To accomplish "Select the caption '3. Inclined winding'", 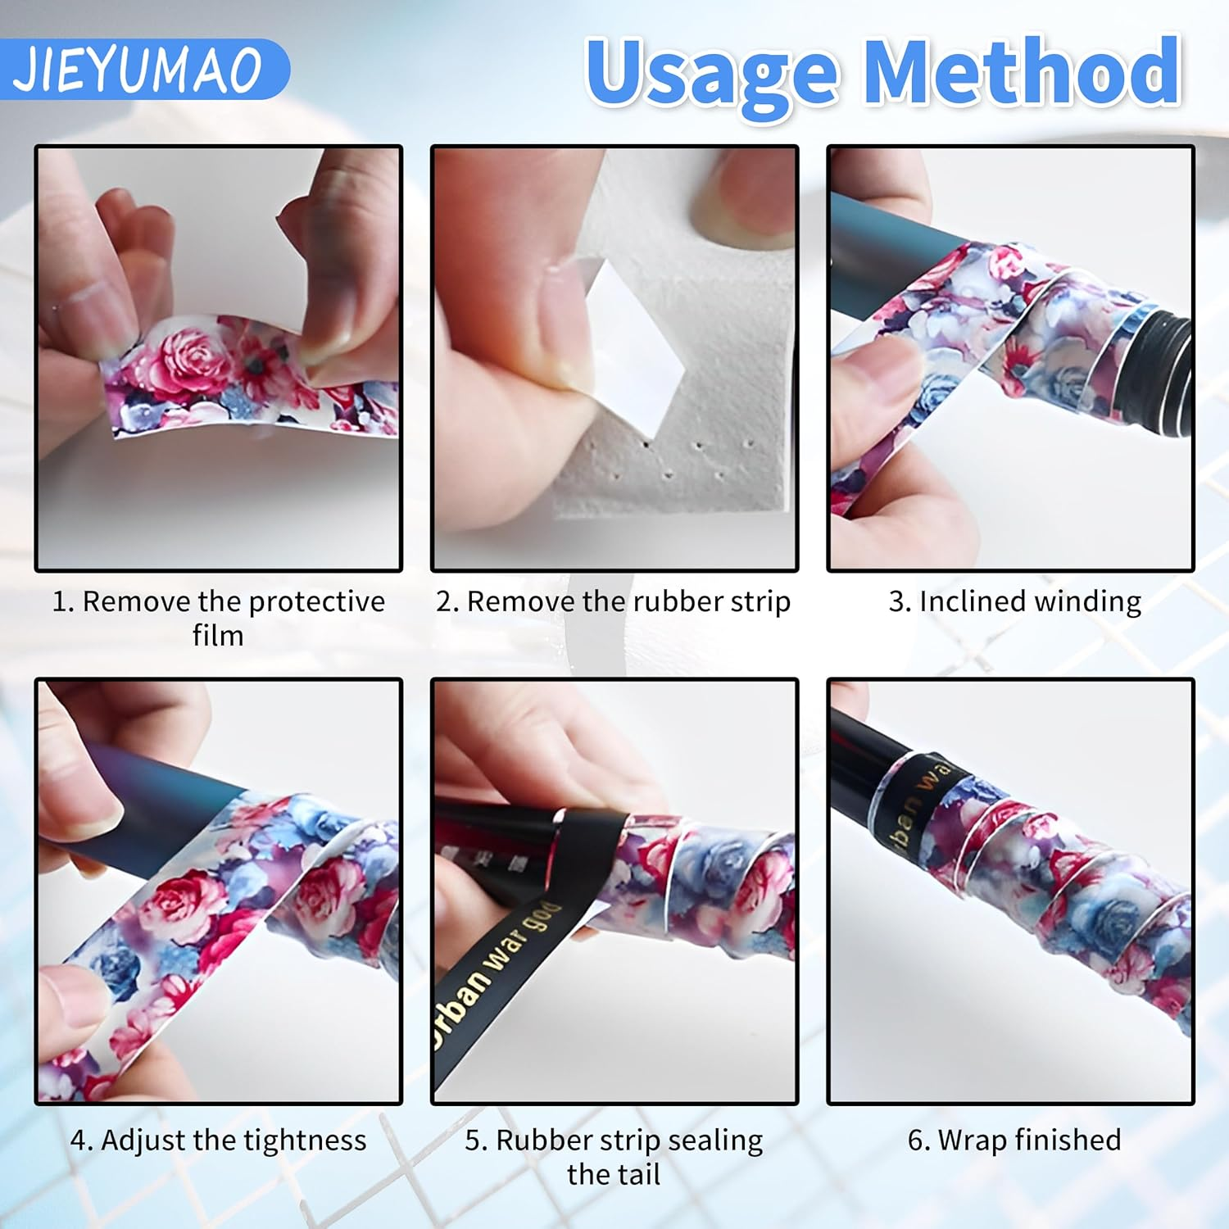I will click(1014, 601).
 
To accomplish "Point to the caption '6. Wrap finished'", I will click(1014, 1140).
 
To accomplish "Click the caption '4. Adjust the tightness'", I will click(218, 1140).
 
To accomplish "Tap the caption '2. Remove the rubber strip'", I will click(613, 601).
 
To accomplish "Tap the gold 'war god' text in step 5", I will click(524, 942).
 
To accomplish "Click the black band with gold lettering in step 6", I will click(914, 799).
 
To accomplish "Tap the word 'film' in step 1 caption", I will click(218, 636).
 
